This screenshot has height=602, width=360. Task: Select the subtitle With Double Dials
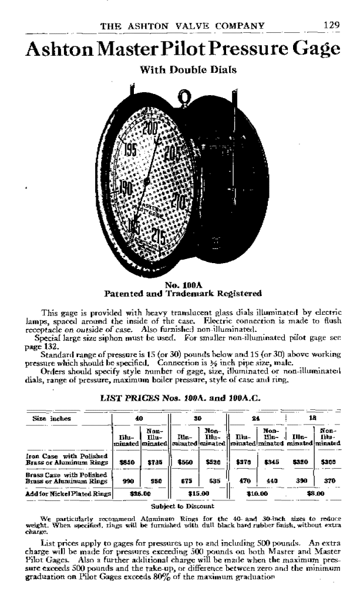point(188,69)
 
